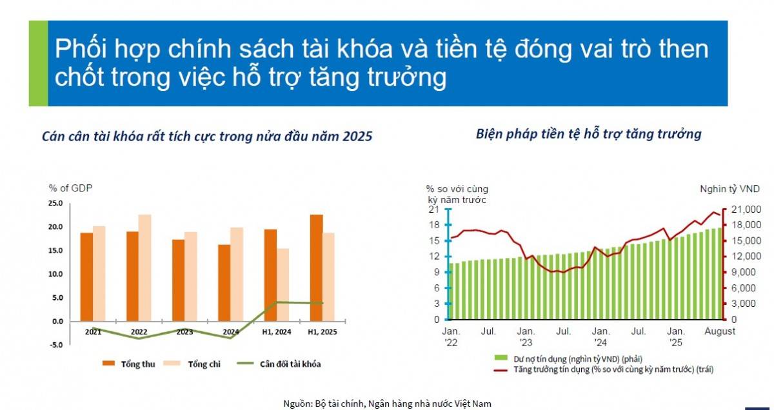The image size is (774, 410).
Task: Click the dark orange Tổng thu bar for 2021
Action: (x=86, y=276)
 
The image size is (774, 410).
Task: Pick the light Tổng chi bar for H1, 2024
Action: (x=283, y=284)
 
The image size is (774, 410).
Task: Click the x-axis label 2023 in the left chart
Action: (x=184, y=332)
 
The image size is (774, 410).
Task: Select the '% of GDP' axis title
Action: (x=70, y=188)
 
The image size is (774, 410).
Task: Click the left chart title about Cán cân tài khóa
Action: (x=206, y=137)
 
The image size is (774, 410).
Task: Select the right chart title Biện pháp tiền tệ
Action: (x=588, y=134)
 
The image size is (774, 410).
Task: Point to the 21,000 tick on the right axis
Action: (x=746, y=210)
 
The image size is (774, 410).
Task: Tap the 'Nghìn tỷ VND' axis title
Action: (x=730, y=189)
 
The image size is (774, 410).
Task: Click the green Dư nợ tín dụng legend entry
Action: (x=568, y=358)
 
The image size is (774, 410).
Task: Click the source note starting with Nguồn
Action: (x=387, y=404)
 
